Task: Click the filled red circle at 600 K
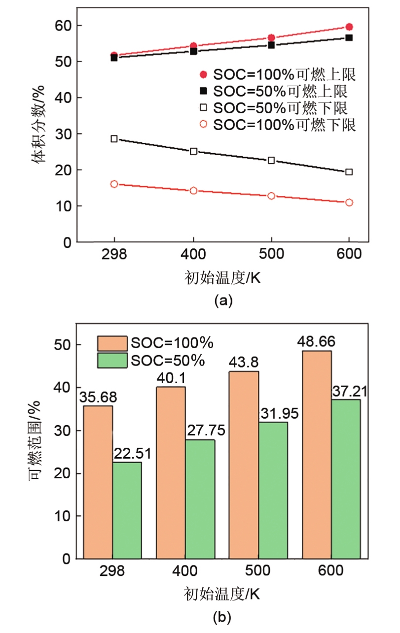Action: click(x=349, y=27)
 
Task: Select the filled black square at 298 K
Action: click(x=114, y=58)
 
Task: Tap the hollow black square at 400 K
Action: click(x=193, y=151)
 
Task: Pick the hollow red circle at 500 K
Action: click(x=271, y=196)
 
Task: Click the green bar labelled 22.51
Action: click(x=127, y=510)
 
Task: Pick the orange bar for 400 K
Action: click(x=171, y=472)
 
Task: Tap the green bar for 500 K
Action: click(x=273, y=490)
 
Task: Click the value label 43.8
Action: click(x=243, y=362)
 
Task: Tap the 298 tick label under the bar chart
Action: click(x=112, y=571)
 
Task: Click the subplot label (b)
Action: click(x=221, y=616)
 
